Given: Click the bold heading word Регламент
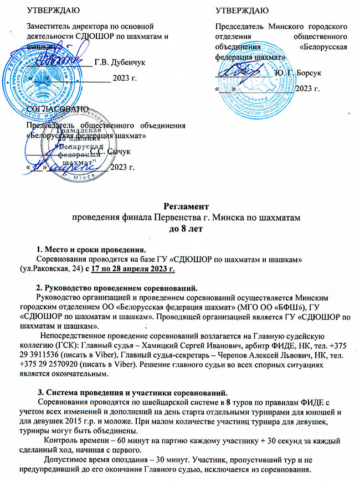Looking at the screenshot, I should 179,206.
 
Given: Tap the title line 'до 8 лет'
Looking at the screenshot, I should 180,228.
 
